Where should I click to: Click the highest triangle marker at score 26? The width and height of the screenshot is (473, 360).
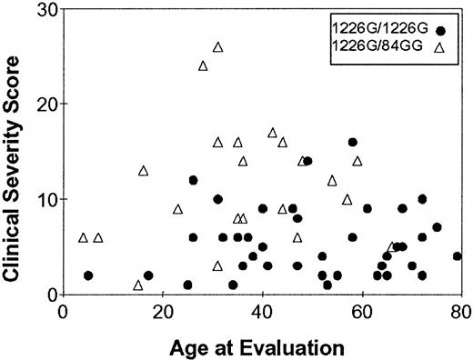217,47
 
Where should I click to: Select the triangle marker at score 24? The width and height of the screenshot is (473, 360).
203,65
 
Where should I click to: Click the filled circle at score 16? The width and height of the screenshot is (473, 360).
352,143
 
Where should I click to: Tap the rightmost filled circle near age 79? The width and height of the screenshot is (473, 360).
458,256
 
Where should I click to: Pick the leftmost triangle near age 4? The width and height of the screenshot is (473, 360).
83,237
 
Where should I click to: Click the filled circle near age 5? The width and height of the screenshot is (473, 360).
88,275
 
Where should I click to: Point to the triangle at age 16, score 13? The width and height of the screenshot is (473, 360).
143,171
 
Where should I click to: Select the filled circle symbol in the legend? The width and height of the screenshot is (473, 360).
440,31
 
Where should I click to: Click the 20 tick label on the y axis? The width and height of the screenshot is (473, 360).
42,104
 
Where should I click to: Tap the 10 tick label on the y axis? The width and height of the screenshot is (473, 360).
42,199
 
